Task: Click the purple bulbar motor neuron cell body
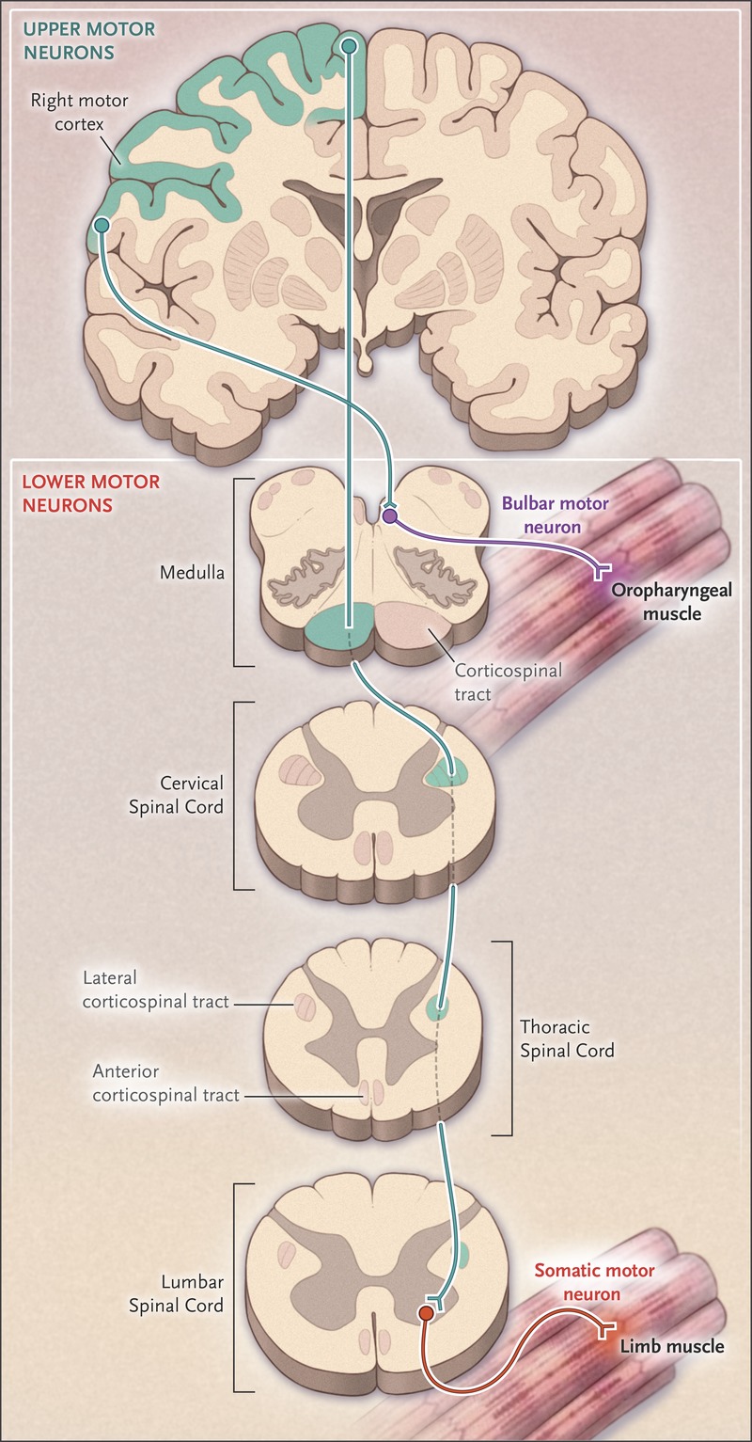pos(390,515)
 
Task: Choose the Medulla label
pos(193,570)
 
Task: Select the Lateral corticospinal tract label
pos(155,990)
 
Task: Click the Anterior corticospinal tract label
pos(165,1082)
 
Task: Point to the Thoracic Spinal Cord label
pos(567,1038)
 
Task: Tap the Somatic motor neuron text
pos(594,1282)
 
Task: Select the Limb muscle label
pos(671,1346)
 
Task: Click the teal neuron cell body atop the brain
pos(349,45)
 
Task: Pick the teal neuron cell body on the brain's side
pos(102,225)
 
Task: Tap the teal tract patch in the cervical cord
pos(449,773)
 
